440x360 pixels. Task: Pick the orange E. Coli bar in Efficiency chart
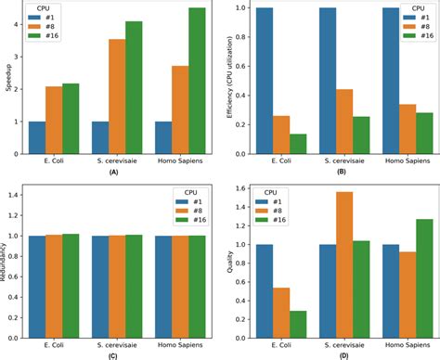click(x=280, y=135)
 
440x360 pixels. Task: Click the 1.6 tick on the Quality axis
click(x=237, y=187)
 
